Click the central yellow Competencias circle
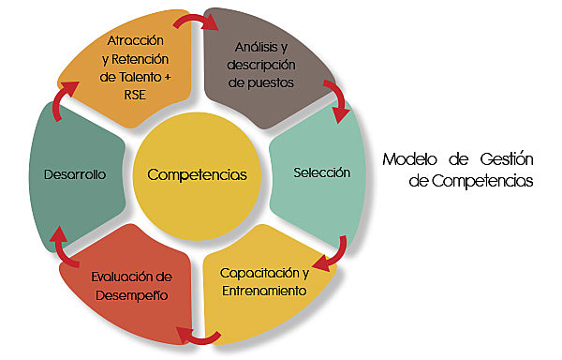coord(197,174)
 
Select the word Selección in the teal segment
coord(321,172)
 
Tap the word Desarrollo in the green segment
coord(74,174)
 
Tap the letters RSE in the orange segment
coord(135,93)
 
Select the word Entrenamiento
coord(263,291)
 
